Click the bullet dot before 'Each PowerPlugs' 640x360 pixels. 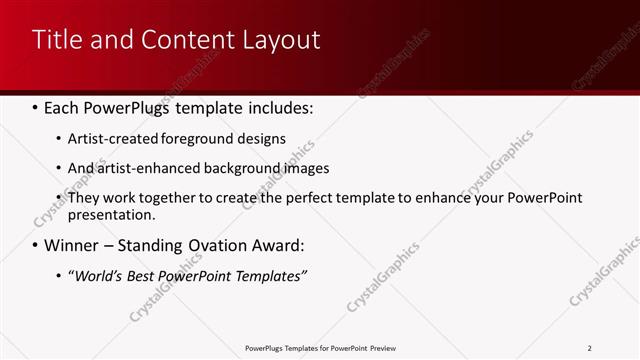click(36, 106)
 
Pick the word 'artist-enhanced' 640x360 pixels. click(149, 168)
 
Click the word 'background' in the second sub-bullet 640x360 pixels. click(245, 168)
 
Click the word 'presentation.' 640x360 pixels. click(112, 214)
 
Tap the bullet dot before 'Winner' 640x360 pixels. click(36, 245)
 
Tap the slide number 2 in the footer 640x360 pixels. click(590, 348)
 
